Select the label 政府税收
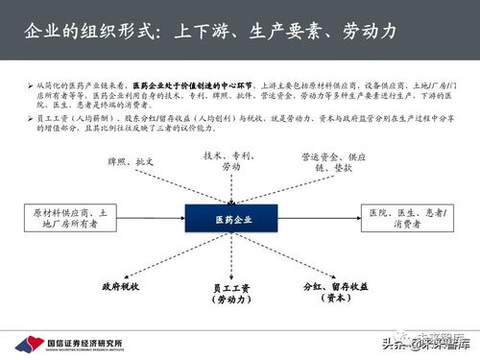pyautogui.click(x=123, y=286)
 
